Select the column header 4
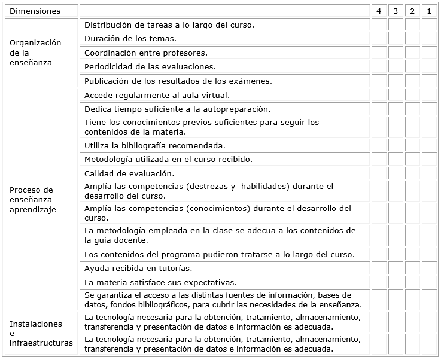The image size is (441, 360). [x=379, y=11]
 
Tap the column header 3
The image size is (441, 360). [x=396, y=11]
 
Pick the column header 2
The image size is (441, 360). [x=412, y=11]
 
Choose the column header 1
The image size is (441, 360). [x=429, y=11]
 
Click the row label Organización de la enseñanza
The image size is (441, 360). [x=35, y=53]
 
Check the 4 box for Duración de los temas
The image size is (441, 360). [x=379, y=39]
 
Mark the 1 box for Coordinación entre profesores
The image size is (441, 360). [x=429, y=53]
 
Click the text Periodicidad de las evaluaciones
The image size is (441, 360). [x=150, y=66]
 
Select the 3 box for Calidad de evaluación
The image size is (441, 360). [x=396, y=173]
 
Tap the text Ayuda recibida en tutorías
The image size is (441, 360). [x=138, y=268]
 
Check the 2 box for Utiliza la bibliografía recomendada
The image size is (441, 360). [x=412, y=145]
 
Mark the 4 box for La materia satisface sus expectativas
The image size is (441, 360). [x=379, y=282]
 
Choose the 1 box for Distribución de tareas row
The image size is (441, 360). [x=429, y=25]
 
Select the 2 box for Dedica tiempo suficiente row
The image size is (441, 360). [x=412, y=109]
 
